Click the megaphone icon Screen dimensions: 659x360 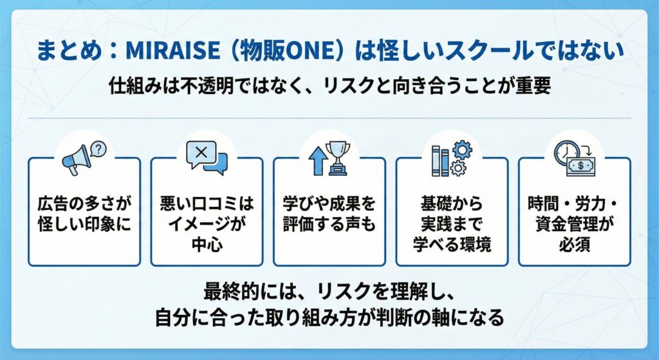pos(77,160)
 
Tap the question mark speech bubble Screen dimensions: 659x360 pos(98,149)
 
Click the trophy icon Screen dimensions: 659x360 pos(338,158)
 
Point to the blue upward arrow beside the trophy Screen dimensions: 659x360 pos(317,160)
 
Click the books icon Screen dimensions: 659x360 pos(440,161)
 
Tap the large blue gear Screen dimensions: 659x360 pos(462,150)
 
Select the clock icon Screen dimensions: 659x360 pos(566,153)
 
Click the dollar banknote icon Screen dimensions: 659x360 pos(581,166)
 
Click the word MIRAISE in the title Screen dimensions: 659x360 pos(172,50)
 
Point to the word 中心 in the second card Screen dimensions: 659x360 pos(207,244)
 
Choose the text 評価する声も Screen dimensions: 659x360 pos(329,224)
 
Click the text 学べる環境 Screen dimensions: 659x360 pos(452,244)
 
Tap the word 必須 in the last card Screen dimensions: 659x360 pos(574,244)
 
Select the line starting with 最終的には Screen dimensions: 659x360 pos(329,292)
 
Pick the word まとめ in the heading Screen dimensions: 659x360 pos(69,50)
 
